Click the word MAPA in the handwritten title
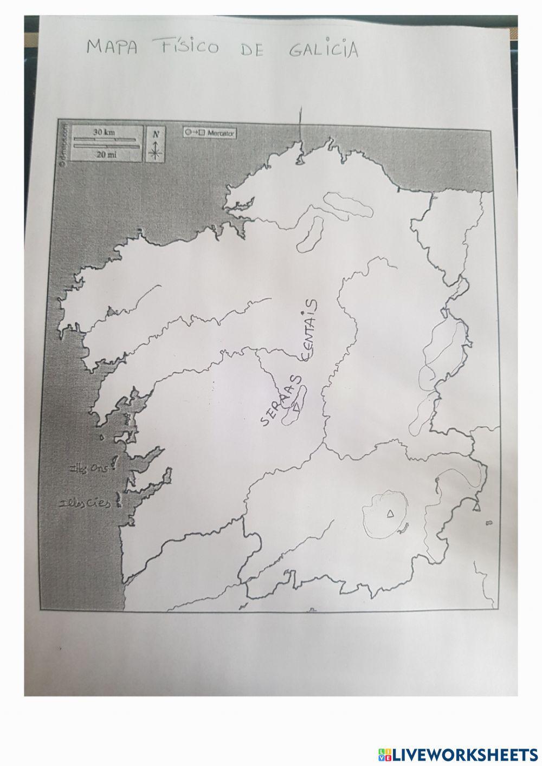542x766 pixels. pyautogui.click(x=112, y=47)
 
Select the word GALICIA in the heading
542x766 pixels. pyautogui.click(x=324, y=49)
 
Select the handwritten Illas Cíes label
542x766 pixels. pyautogui.click(x=87, y=503)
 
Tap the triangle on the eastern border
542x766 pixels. pyautogui.click(x=477, y=507)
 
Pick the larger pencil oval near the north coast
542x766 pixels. pyautogui.click(x=347, y=205)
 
